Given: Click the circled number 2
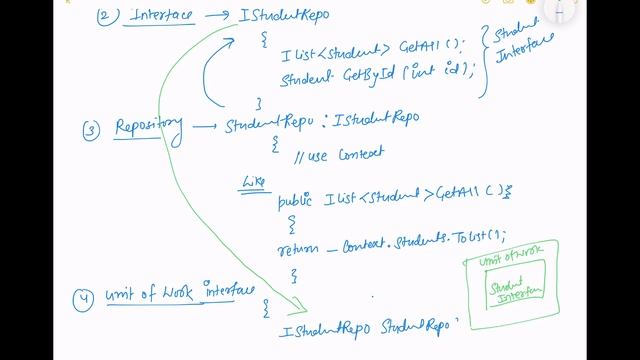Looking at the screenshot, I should (106, 17).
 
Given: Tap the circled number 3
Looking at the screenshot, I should (92, 130).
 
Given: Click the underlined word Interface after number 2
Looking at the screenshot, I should (161, 18).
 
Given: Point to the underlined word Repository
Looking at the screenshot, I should (149, 125).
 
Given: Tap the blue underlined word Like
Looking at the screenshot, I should (253, 182).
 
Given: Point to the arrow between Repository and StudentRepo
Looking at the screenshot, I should (203, 126).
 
